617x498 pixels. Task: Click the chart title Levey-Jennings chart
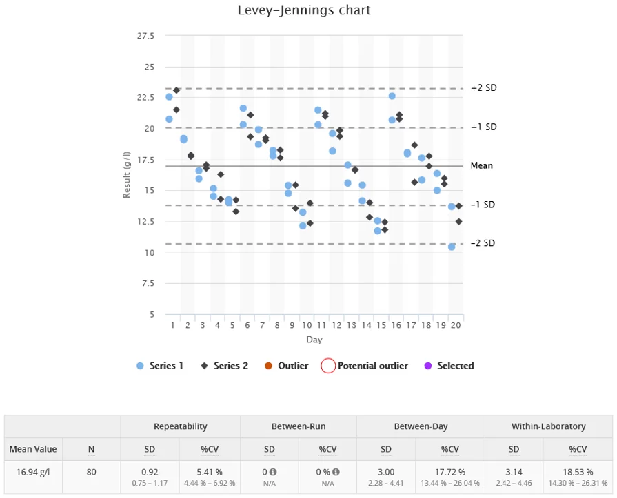(304, 10)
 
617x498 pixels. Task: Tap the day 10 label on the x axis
(307, 325)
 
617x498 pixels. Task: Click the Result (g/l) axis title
(127, 176)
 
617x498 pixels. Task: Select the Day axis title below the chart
(314, 340)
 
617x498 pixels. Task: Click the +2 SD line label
(483, 88)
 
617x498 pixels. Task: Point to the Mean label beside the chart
(481, 165)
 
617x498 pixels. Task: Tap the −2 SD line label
(483, 243)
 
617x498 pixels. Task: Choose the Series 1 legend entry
(161, 366)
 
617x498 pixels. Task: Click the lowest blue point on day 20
(452, 247)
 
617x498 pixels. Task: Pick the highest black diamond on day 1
(176, 90)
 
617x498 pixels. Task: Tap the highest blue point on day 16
(392, 96)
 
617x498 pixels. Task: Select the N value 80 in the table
(91, 473)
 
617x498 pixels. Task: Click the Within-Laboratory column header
(549, 426)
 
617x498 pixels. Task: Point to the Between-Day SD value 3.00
(385, 472)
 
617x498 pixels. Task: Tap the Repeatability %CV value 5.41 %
(210, 472)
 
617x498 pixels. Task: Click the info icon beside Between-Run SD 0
(273, 472)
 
